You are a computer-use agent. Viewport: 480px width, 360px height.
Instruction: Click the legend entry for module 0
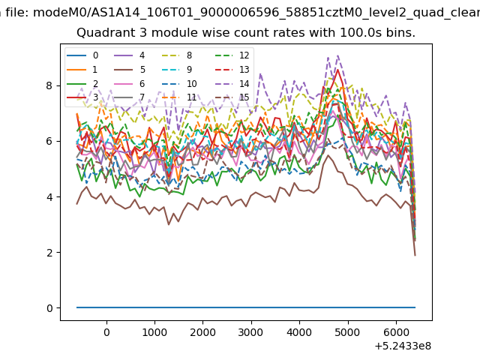click(82, 55)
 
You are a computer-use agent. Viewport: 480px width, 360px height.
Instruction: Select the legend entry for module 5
click(130, 70)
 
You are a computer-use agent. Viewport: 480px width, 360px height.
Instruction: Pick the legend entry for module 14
click(232, 83)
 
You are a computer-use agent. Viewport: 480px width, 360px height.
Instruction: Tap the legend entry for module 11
click(179, 97)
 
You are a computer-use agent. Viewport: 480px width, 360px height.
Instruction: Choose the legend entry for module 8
click(177, 55)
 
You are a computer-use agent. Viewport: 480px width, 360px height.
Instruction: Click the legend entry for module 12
click(232, 55)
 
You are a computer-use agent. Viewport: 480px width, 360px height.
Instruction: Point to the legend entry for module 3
click(82, 97)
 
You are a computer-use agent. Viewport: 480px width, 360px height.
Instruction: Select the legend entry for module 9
click(177, 70)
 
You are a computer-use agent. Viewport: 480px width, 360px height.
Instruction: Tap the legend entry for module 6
click(130, 83)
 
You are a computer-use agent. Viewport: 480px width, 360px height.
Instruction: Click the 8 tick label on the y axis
click(49, 85)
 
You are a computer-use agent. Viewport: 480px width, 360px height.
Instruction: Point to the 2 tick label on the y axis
click(49, 253)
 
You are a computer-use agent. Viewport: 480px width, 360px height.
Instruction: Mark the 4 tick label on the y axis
click(49, 196)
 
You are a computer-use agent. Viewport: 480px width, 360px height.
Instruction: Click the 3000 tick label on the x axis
click(250, 332)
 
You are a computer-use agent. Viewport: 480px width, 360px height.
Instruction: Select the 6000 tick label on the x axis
click(396, 332)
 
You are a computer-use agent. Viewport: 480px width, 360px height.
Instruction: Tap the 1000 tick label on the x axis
click(154, 332)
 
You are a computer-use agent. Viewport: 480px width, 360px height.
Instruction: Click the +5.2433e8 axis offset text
click(403, 346)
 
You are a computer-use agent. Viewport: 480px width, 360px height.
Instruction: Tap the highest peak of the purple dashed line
click(337, 55)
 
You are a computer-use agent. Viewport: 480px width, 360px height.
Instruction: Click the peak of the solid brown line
click(328, 155)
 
